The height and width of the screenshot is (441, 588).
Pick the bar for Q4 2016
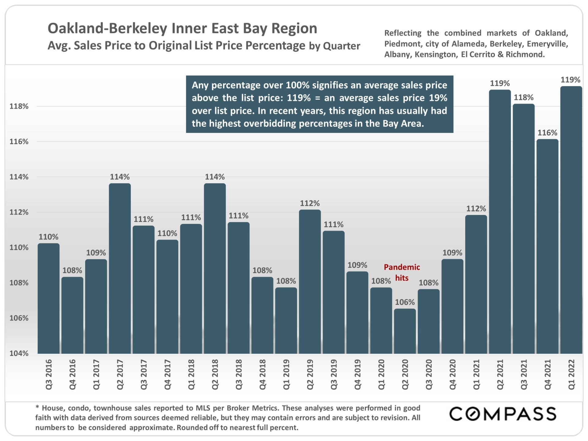coord(72,315)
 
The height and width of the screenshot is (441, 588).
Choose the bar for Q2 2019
coord(310,282)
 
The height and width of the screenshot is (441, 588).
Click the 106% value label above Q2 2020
coord(405,302)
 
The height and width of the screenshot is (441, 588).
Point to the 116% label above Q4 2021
coord(547,133)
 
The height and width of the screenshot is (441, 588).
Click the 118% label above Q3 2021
coord(523,98)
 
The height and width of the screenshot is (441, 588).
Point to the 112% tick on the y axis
coord(19,212)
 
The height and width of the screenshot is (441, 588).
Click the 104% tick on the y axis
coord(19,353)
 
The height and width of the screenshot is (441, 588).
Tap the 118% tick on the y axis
coord(19,106)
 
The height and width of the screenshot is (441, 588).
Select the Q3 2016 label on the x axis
coord(49,375)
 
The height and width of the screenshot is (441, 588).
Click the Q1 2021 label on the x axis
coord(476,375)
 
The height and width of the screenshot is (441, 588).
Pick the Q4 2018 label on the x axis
coord(262,375)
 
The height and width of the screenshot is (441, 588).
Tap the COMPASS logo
coord(503,414)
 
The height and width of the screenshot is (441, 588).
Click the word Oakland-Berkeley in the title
coord(107,28)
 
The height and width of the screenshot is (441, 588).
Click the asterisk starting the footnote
coord(37,407)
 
